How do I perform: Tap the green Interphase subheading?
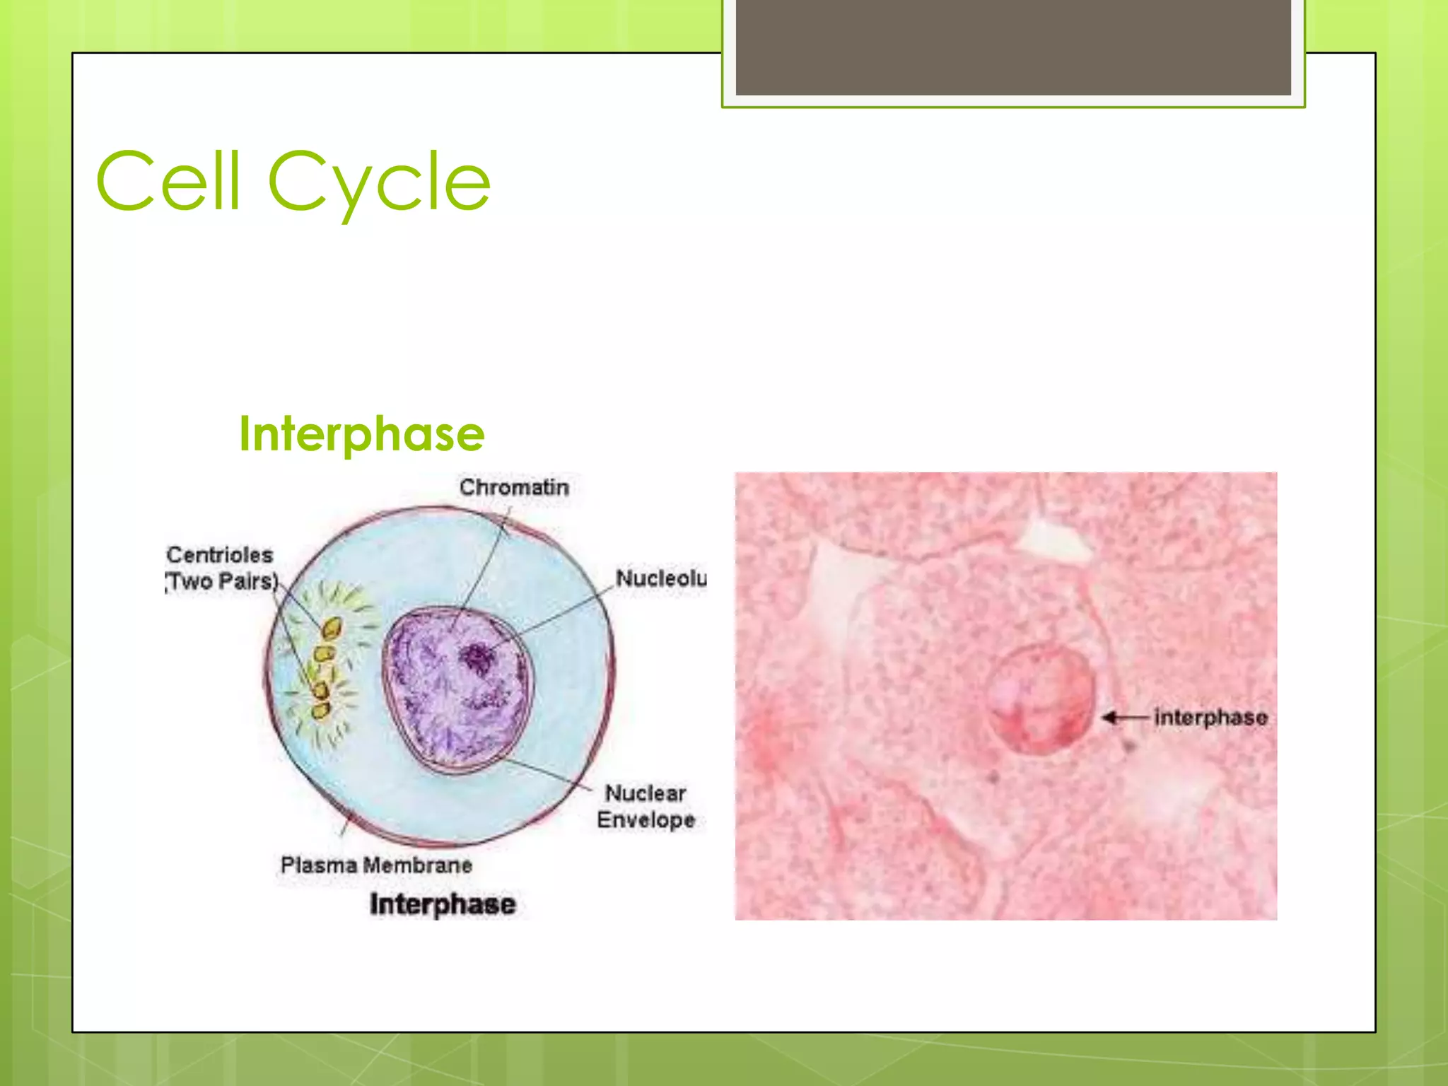point(361,433)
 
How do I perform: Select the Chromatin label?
point(514,487)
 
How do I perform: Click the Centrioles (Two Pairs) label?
point(221,568)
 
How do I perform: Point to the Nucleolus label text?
point(660,578)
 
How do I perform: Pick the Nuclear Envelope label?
point(646,806)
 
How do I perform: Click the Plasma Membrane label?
point(376,865)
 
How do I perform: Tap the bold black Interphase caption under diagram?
point(443,904)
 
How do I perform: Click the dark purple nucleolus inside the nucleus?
point(477,659)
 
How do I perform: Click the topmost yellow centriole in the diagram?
point(332,628)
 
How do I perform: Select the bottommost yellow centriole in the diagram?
point(321,710)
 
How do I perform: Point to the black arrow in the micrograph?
point(1123,718)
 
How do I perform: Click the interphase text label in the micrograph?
point(1210,718)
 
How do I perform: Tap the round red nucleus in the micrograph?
point(1039,700)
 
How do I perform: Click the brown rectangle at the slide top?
point(1012,47)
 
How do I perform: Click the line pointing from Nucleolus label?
point(559,615)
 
